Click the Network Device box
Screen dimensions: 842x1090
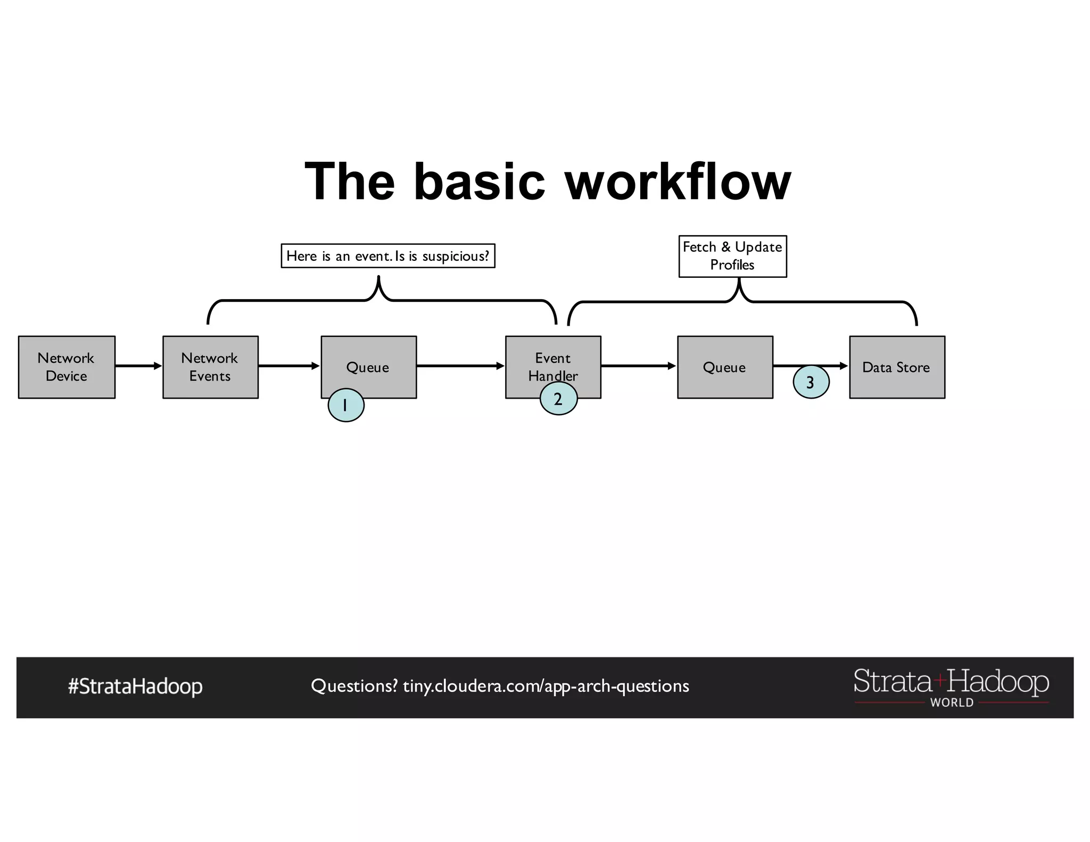[x=67, y=367]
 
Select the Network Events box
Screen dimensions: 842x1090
[x=210, y=367]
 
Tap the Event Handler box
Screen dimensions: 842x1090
[x=553, y=362]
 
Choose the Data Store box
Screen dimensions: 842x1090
[x=897, y=367]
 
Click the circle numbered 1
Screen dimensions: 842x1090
[x=346, y=406]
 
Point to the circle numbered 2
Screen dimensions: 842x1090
[x=558, y=399]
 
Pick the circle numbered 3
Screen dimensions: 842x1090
[x=811, y=382]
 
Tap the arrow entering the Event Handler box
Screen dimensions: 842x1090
[x=460, y=366]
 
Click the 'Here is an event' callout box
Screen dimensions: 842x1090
[x=388, y=256]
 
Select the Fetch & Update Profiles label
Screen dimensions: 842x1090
[x=732, y=256]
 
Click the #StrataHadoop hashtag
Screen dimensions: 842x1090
[x=135, y=687]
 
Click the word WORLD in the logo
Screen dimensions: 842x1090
[x=952, y=703]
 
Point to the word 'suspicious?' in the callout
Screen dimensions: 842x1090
[x=456, y=257]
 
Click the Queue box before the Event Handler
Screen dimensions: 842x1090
[x=368, y=367]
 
